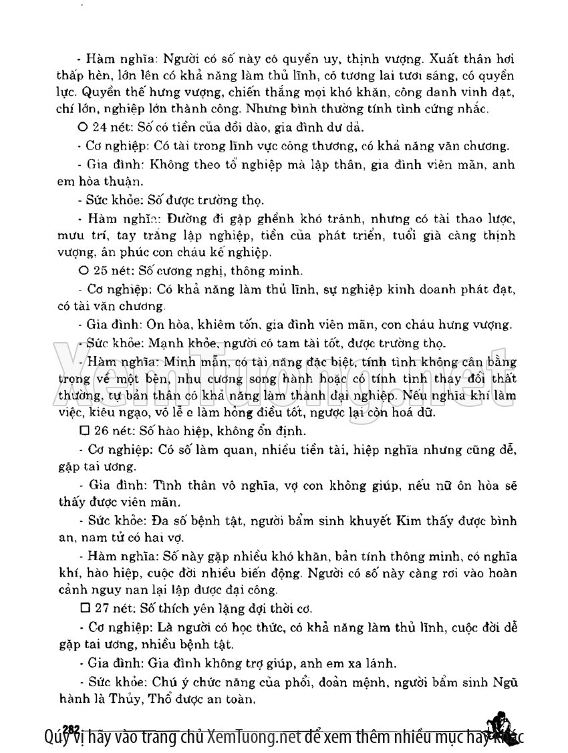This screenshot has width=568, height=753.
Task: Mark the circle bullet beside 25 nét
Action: pyautogui.click(x=84, y=271)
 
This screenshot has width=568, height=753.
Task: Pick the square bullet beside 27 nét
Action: pyautogui.click(x=84, y=609)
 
